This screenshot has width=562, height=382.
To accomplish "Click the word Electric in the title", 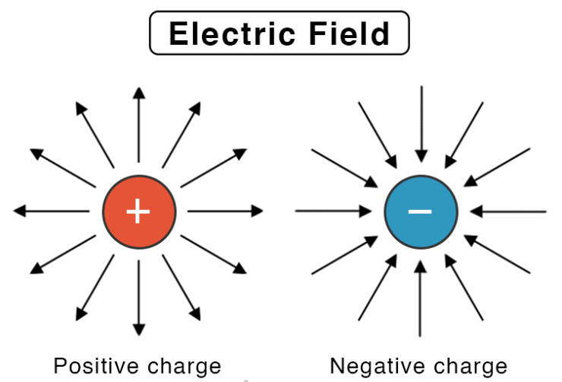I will tap(229, 34).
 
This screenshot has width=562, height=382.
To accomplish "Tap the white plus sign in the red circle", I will tap(138, 211).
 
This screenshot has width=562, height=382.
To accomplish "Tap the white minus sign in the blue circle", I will tap(420, 211).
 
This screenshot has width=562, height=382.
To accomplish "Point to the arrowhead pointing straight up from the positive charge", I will tap(138, 93).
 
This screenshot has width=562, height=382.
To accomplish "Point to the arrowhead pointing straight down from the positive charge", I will tap(138, 329).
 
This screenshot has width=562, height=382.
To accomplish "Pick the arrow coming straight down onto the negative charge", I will tap(421, 122).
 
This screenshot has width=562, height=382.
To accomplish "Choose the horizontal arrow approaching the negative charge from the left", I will tap(334, 211).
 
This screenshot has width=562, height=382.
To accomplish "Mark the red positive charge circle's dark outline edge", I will tap(103, 211).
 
